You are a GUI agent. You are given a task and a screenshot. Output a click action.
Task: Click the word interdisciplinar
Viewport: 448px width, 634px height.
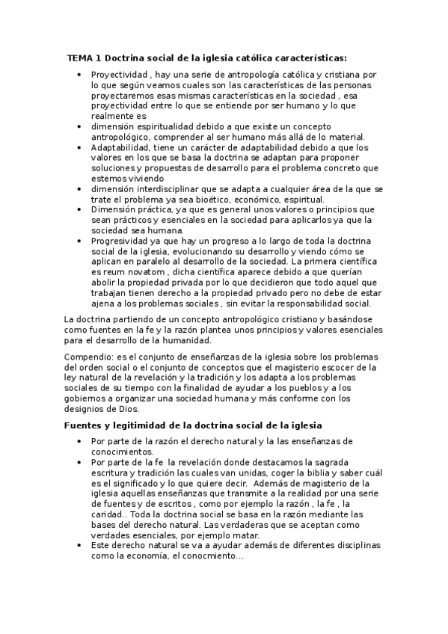coord(175,189)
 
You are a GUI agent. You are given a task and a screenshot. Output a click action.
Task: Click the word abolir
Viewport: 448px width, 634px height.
coord(104,283)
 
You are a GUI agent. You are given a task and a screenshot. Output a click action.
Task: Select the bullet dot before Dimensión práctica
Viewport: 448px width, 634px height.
coord(80,210)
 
